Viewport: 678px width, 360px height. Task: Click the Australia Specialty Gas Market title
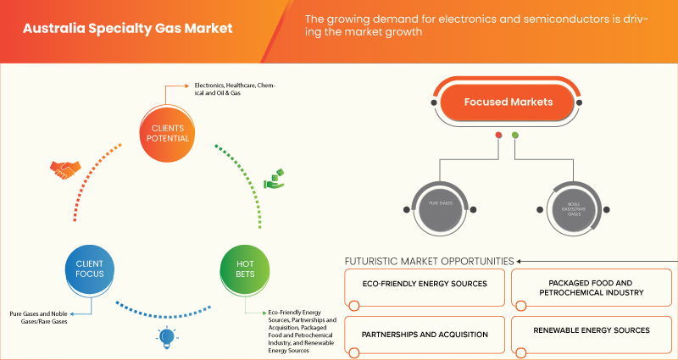tap(127, 28)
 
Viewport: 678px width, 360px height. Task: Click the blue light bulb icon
tap(164, 338)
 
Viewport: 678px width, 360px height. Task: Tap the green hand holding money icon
tap(274, 180)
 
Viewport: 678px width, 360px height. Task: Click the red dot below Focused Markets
tap(498, 136)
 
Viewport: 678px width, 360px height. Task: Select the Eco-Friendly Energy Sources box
tap(425, 284)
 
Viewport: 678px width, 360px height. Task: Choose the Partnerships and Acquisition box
tap(425, 334)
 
